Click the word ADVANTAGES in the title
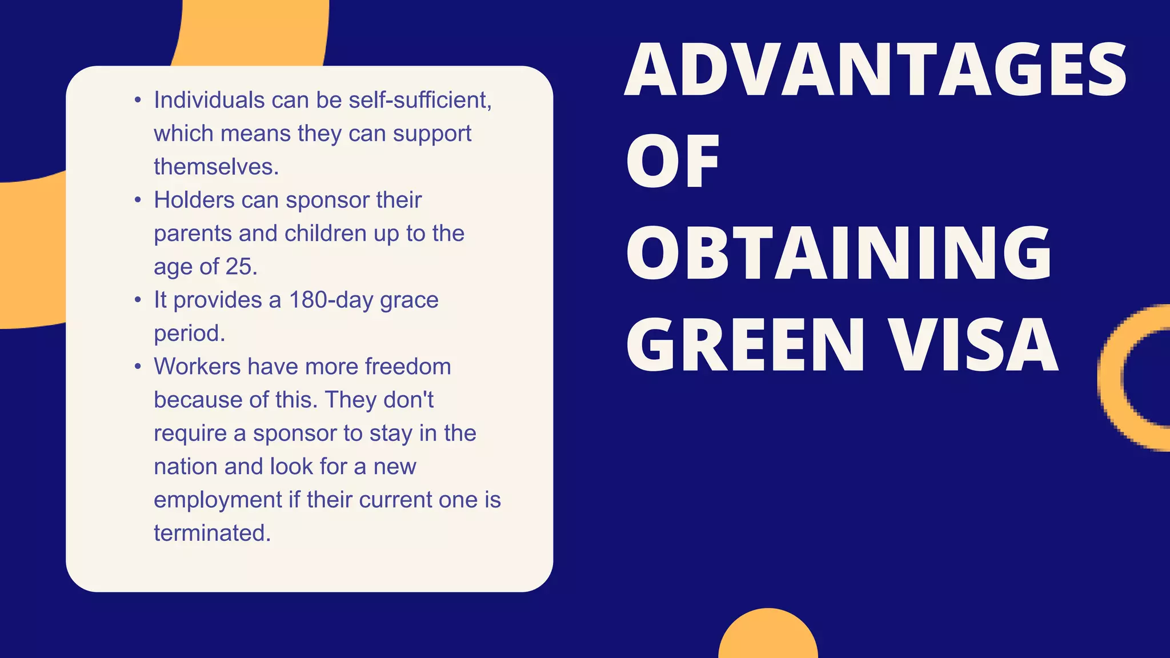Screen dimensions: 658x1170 pos(875,70)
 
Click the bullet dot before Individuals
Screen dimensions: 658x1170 pos(138,101)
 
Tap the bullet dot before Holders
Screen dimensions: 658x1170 pos(138,200)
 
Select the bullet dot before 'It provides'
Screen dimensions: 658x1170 pos(138,300)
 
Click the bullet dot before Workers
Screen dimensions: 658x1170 pos(138,367)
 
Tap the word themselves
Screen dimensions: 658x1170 pos(216,167)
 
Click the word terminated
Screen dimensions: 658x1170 pos(212,533)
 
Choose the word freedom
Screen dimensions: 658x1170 pos(408,367)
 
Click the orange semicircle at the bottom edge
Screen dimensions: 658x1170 pos(768,637)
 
